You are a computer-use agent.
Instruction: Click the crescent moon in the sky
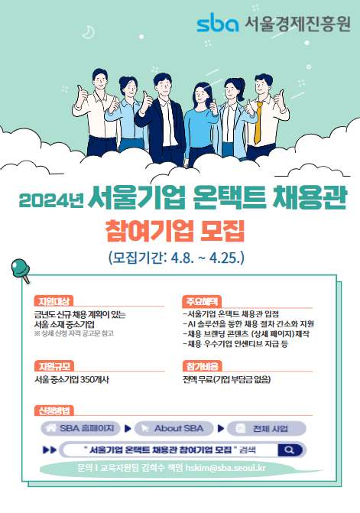click(x=89, y=31)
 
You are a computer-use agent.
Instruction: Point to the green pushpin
click(x=18, y=268)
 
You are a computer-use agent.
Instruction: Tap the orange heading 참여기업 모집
click(x=180, y=230)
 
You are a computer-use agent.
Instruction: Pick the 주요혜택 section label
click(x=199, y=300)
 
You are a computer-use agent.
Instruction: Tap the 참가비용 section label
click(x=199, y=366)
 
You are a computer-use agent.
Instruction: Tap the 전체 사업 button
click(x=267, y=428)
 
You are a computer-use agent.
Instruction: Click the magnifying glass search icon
click(x=290, y=450)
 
